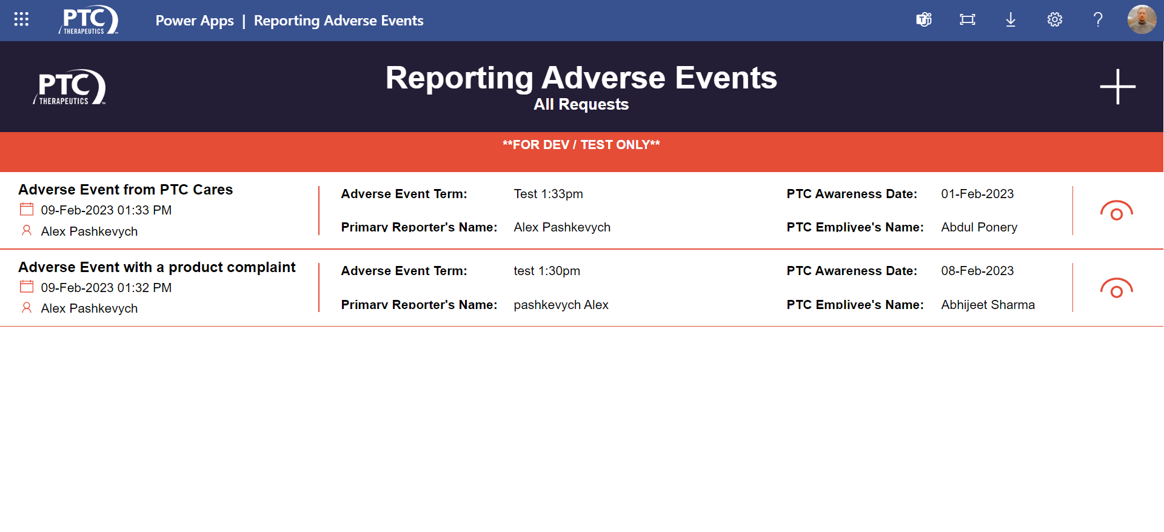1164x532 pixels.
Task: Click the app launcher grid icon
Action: point(21,19)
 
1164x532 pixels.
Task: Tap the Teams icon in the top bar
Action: point(924,20)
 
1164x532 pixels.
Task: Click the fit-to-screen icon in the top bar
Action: point(968,20)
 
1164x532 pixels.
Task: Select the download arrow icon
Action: point(1011,20)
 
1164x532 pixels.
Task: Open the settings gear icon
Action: point(1055,20)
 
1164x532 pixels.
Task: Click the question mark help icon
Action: point(1098,20)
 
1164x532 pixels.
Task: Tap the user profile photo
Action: point(1142,20)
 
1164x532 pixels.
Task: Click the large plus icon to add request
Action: point(1117,87)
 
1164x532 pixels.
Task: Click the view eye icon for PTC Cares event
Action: point(1116,211)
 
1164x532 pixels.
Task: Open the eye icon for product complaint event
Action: point(1116,288)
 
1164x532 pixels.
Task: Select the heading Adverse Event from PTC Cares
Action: point(125,190)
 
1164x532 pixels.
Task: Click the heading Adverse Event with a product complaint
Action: point(157,267)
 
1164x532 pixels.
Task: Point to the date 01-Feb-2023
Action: point(977,194)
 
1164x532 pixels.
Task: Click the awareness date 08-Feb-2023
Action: point(977,271)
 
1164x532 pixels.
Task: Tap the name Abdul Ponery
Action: point(979,227)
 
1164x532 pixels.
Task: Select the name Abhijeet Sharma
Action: point(988,305)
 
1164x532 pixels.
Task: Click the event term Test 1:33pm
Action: point(548,194)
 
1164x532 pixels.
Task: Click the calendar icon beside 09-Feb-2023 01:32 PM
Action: point(27,287)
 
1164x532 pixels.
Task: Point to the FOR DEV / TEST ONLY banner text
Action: point(581,145)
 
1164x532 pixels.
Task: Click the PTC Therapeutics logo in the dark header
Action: point(70,87)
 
